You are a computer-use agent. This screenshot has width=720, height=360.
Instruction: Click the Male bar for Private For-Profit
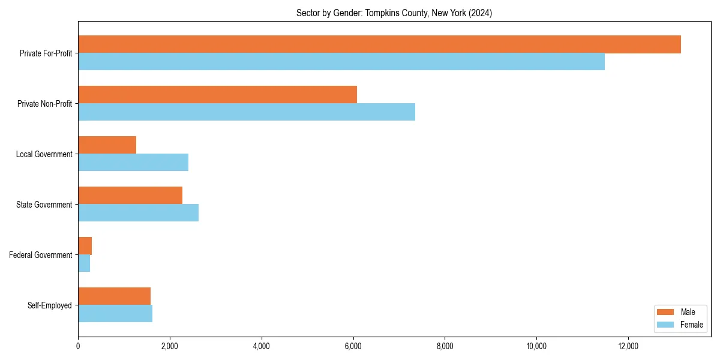tap(379, 44)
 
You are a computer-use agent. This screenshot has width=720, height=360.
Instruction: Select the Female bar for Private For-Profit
tap(341, 62)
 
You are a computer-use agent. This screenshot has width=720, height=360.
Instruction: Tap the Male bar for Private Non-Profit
tap(217, 95)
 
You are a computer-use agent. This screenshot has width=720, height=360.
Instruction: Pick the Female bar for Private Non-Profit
tap(247, 112)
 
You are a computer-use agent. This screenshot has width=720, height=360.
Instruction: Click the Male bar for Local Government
tap(107, 145)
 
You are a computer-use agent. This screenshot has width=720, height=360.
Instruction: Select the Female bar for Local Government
tap(133, 163)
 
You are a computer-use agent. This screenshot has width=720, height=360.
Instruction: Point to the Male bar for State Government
tap(130, 196)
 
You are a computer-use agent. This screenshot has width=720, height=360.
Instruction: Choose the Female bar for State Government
tap(138, 213)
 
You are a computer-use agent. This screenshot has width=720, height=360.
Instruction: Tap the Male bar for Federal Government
tap(85, 246)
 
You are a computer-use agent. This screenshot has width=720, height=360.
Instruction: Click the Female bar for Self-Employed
tap(115, 314)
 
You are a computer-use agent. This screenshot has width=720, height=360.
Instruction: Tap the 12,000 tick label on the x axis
tap(628, 346)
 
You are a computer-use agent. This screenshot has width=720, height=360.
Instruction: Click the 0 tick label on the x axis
tap(78, 346)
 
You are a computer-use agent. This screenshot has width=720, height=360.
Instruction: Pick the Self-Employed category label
tap(49, 305)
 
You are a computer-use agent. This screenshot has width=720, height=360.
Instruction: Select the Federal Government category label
tap(41, 255)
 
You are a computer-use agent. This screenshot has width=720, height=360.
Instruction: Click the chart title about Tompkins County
tap(394, 13)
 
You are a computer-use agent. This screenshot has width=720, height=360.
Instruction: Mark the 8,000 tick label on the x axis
tap(445, 346)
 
